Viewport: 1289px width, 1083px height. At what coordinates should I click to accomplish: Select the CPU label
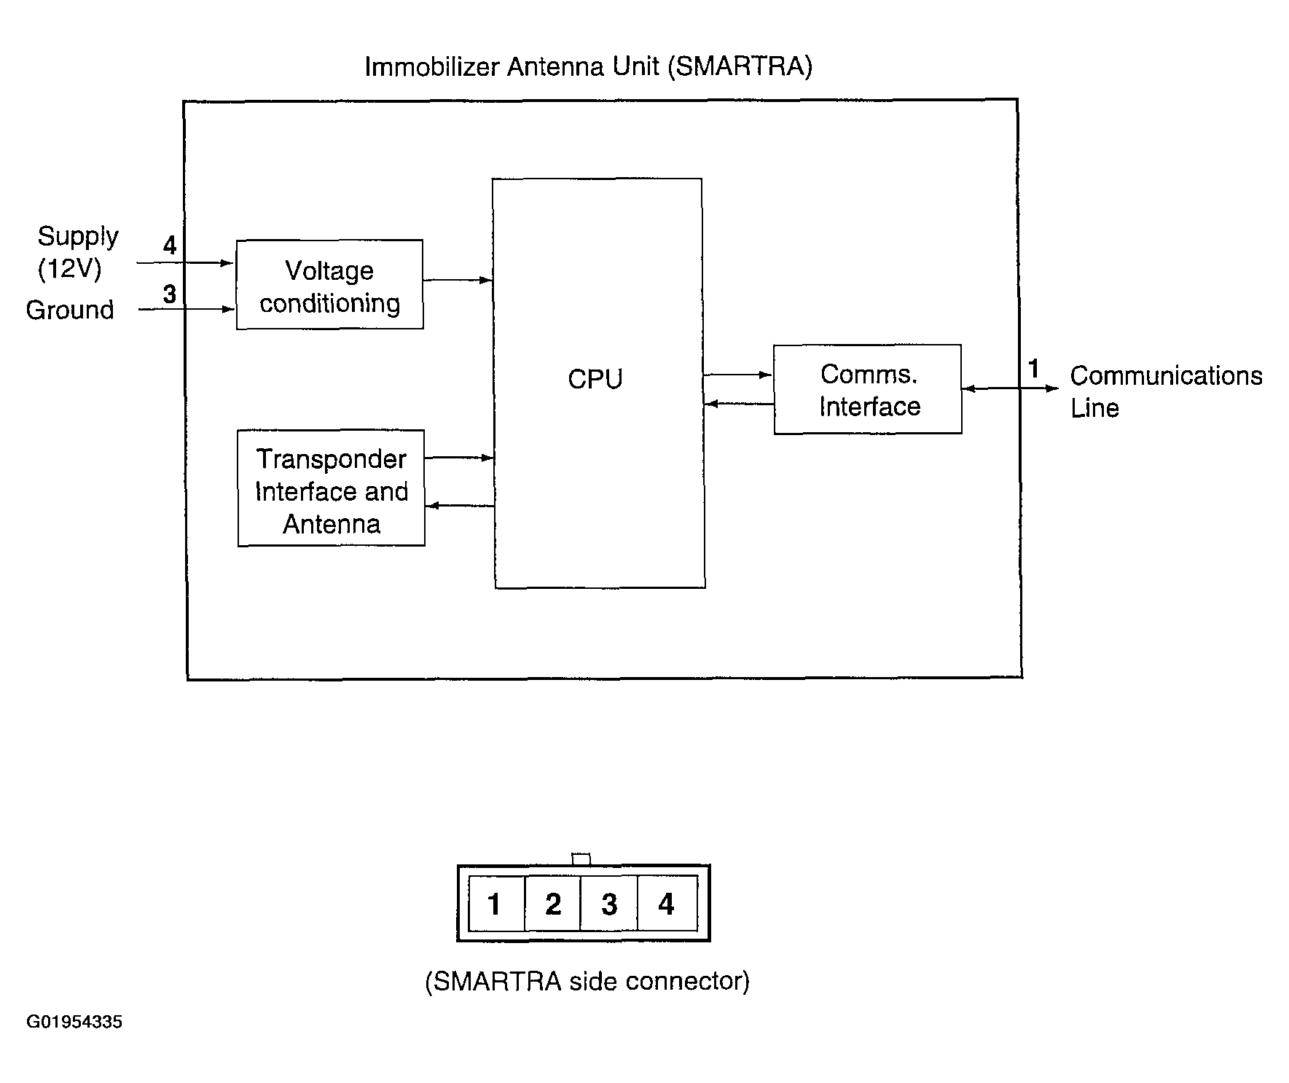[x=595, y=379]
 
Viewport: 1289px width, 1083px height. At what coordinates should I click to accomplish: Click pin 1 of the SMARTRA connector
[x=496, y=904]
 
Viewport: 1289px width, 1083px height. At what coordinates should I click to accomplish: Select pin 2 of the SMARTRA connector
[x=552, y=904]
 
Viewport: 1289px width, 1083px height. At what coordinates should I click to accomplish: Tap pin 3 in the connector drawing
[x=609, y=904]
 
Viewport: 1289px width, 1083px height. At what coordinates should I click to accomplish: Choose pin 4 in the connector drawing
[x=667, y=904]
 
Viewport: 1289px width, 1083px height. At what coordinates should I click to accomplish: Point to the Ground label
[x=70, y=310]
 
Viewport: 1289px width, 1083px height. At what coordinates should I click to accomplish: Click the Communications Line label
[x=1166, y=391]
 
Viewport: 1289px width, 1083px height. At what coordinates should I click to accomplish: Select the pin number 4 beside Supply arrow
[x=170, y=245]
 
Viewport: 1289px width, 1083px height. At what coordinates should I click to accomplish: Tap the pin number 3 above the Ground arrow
[x=170, y=294]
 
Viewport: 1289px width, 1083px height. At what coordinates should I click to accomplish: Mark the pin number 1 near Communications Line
[x=1033, y=369]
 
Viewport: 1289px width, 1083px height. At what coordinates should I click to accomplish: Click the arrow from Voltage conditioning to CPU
[x=458, y=280]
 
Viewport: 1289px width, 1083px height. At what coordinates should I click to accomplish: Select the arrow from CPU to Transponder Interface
[x=460, y=506]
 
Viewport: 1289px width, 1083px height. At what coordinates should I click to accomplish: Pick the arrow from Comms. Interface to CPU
[x=739, y=403]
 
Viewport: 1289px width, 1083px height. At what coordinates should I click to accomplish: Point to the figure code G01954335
[x=74, y=1022]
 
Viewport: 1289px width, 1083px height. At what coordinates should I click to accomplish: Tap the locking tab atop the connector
[x=581, y=859]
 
